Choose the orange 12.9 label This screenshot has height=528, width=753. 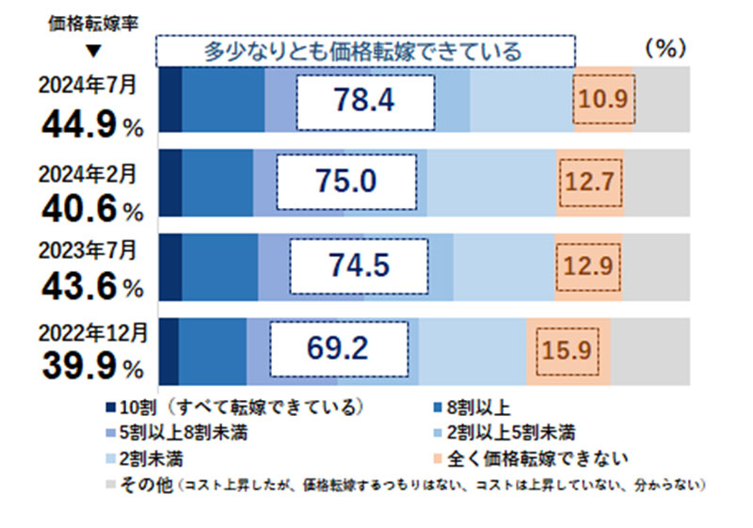pos(588,266)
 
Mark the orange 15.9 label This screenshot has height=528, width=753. pos(567,350)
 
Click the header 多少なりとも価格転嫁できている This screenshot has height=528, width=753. pos(364,51)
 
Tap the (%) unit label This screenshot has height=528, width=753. pos(665,49)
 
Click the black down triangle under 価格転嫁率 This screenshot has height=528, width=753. pos(93,51)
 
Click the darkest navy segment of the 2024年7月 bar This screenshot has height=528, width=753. pos(169,100)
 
